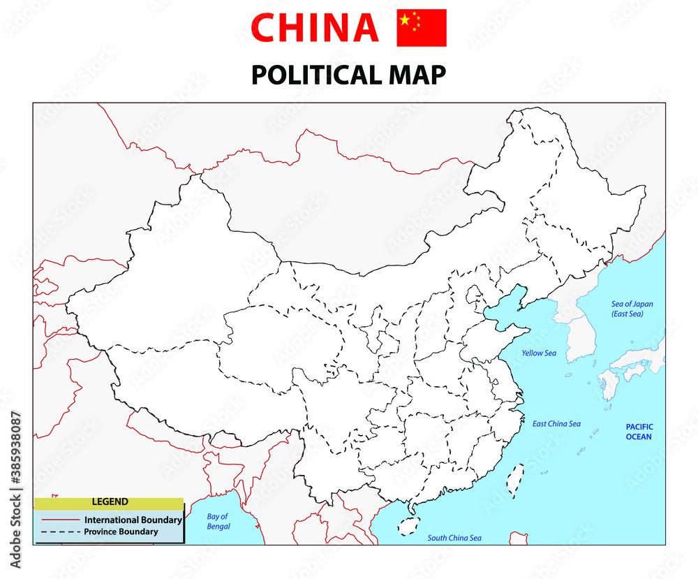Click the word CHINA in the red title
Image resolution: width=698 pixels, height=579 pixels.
point(314,28)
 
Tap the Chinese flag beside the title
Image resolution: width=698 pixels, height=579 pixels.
point(421,28)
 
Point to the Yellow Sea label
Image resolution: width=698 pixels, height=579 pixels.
point(539,353)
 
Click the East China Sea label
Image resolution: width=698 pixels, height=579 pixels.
point(556,424)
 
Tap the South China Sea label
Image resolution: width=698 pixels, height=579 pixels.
point(454,538)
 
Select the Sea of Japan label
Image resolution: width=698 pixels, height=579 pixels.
point(628,309)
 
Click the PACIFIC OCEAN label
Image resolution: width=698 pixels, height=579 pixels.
point(638,432)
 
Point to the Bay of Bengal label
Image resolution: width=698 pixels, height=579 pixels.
point(218,522)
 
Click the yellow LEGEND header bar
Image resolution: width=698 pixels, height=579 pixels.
point(110,502)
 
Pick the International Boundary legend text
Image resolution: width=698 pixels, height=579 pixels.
point(133,520)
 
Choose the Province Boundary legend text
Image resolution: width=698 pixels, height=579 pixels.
point(121,532)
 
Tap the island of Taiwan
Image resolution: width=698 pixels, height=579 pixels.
point(514,481)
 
